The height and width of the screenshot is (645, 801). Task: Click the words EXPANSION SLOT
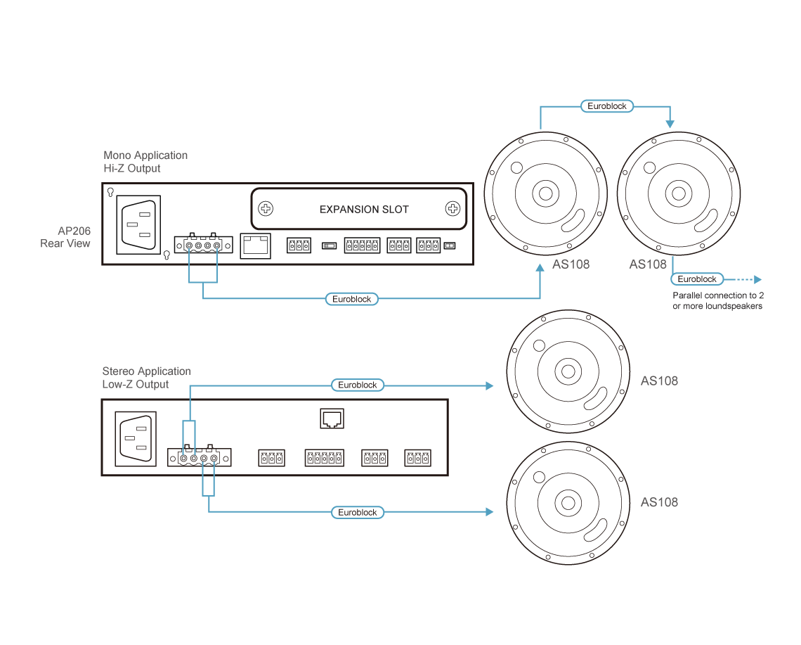(x=364, y=210)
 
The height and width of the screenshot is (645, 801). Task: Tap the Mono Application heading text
(x=145, y=155)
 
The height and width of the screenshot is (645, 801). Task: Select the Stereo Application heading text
(x=146, y=371)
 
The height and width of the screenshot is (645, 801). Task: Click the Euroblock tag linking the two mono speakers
(x=608, y=106)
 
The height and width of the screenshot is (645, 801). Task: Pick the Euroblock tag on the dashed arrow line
(x=697, y=279)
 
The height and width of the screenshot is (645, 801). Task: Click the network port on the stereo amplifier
(x=330, y=419)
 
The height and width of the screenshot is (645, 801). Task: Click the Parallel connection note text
(x=717, y=301)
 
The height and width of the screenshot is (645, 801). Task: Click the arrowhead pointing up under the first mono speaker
(x=540, y=269)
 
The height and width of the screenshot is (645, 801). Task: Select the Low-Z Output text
(x=136, y=385)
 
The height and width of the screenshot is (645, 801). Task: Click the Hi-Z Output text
(x=132, y=169)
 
